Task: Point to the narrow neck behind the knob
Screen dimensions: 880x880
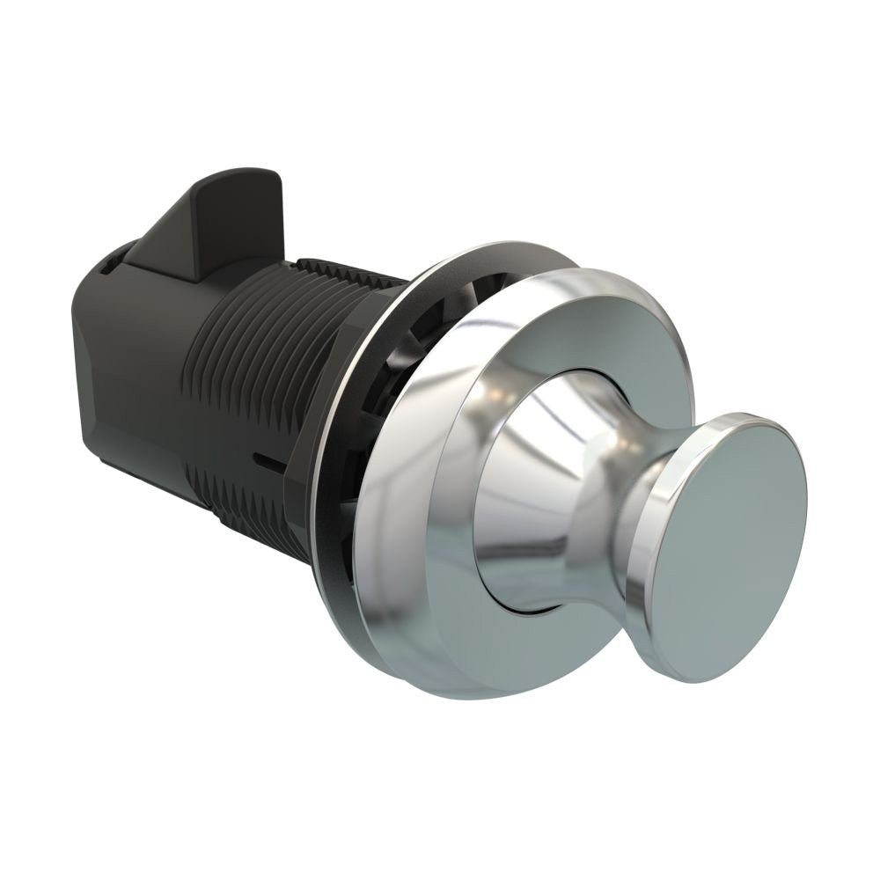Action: [629, 493]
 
